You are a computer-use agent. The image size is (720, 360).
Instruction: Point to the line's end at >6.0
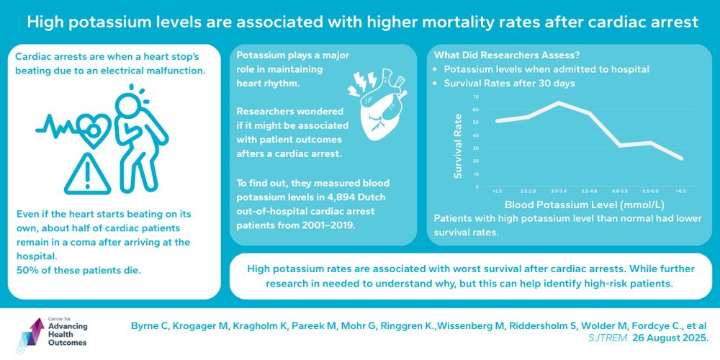pyautogui.click(x=682, y=158)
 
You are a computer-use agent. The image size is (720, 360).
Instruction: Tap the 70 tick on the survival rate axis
pyautogui.click(x=475, y=96)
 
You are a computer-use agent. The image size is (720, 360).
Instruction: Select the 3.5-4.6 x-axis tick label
pyautogui.click(x=590, y=191)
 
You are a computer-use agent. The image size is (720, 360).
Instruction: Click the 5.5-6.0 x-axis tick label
pyautogui.click(x=651, y=191)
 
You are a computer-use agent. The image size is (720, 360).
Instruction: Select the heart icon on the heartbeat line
pyautogui.click(x=95, y=128)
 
